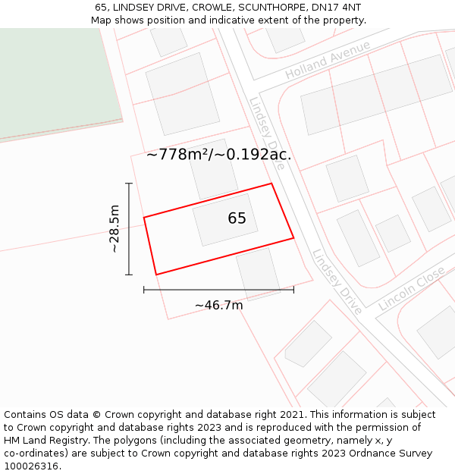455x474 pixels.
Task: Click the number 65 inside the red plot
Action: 237,218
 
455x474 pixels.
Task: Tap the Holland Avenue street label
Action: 328,60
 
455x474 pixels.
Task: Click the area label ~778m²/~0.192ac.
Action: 219,155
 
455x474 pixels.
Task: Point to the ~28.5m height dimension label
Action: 114,228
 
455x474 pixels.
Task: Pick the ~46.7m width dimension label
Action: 218,305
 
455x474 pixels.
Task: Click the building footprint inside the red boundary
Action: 225,220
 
